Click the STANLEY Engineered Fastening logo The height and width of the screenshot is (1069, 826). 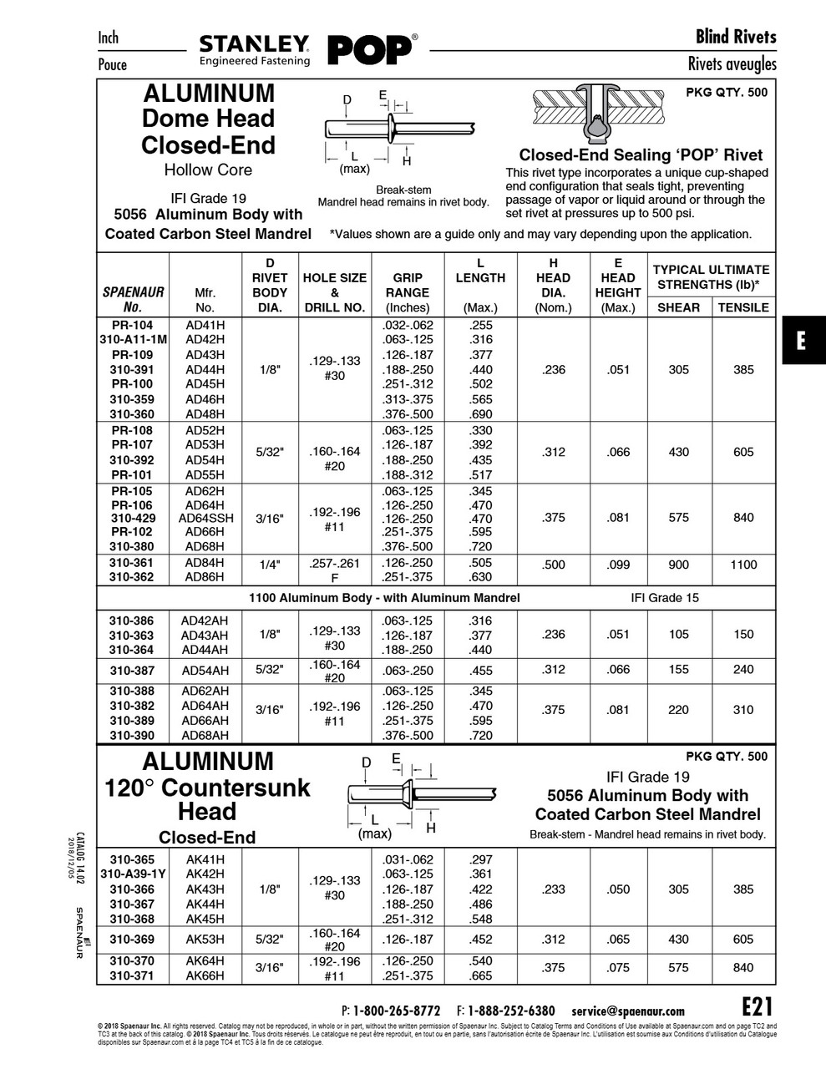click(x=255, y=50)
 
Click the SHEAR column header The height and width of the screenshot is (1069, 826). click(x=679, y=307)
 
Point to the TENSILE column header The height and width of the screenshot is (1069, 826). click(x=743, y=307)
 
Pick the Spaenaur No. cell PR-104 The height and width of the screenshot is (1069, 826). click(x=132, y=325)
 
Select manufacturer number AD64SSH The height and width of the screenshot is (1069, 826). click(x=205, y=518)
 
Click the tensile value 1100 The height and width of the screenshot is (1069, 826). click(x=743, y=565)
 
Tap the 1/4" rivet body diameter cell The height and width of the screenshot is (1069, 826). click(x=270, y=565)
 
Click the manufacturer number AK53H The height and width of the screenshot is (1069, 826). click(x=205, y=939)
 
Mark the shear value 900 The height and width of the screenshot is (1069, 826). click(x=679, y=565)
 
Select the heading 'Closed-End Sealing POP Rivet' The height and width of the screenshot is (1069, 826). click(x=641, y=155)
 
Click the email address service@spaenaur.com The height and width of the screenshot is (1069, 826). click(x=628, y=1011)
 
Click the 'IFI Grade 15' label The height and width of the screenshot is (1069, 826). click(x=665, y=598)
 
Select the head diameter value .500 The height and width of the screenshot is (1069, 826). click(x=554, y=565)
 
